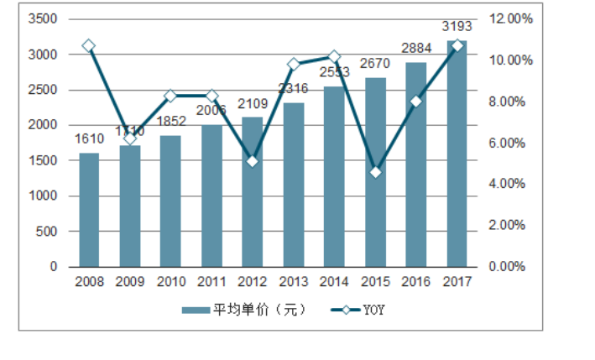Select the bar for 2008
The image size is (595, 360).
pos(89,210)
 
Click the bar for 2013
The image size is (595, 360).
pos(293,185)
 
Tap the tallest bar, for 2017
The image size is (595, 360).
pos(456,155)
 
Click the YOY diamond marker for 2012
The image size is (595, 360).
pos(252,160)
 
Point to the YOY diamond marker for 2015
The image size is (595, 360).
pos(375,172)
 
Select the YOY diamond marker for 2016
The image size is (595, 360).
pos(415,102)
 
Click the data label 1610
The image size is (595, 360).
pos(89,138)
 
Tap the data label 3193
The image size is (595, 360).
pos(456,26)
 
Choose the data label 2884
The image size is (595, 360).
pos(415,48)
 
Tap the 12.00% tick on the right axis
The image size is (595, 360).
pos(509,18)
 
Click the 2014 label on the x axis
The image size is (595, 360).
pos(333,282)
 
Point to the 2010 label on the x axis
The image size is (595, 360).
pos(170,282)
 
